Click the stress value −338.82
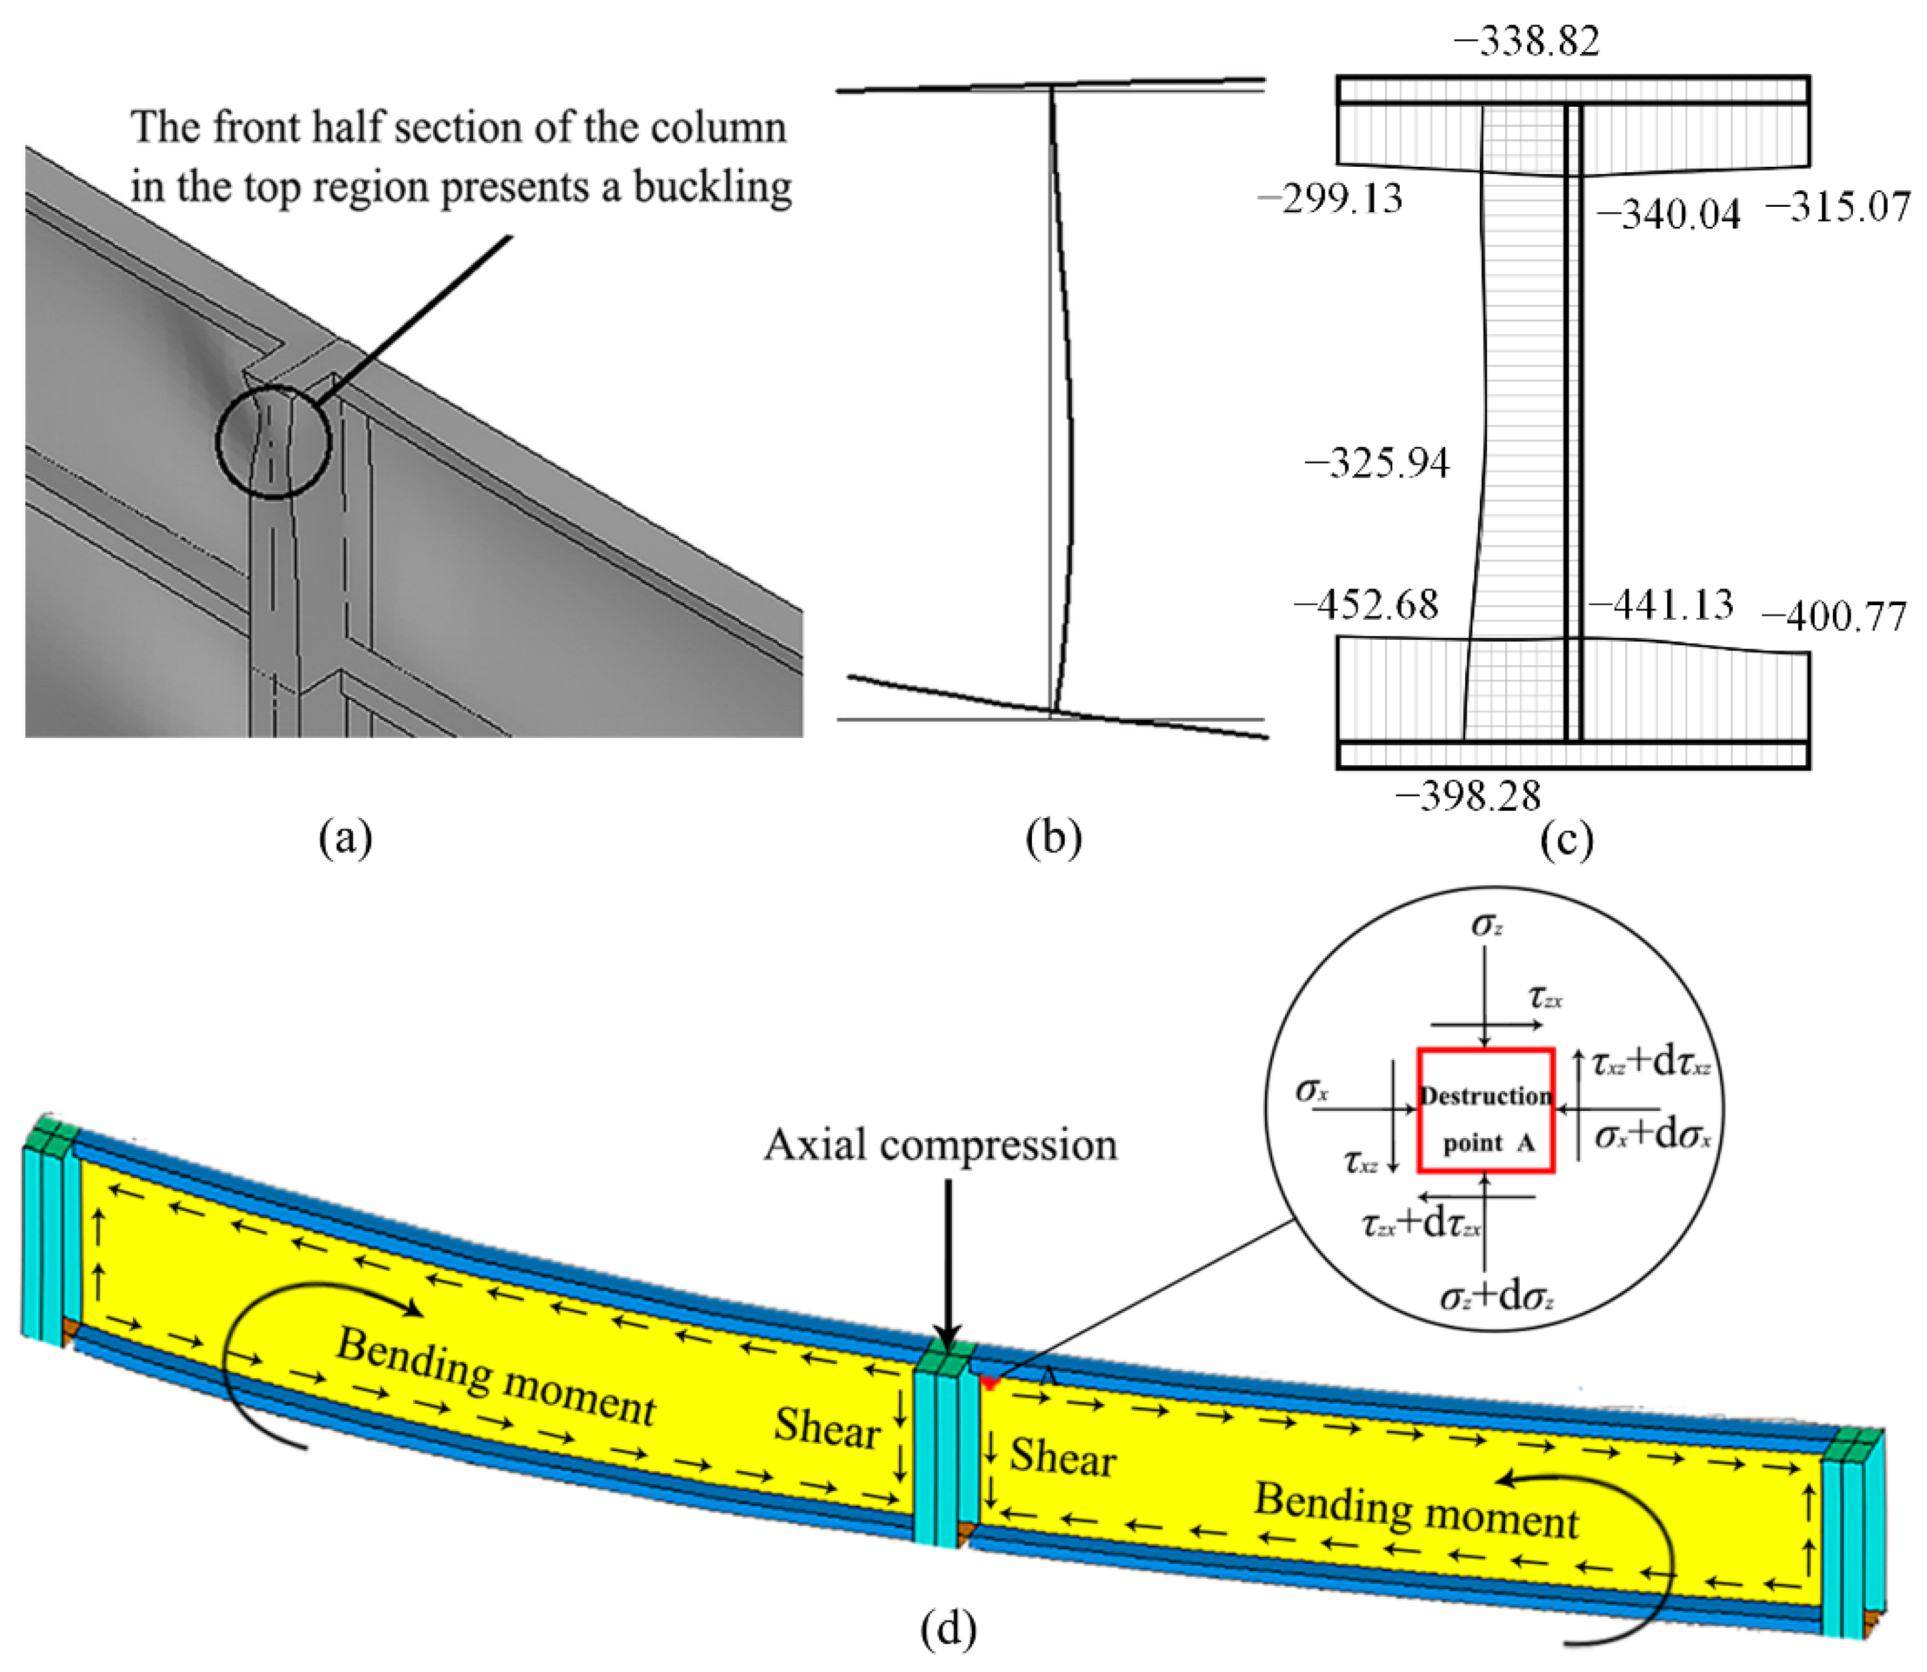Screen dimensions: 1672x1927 (x=1526, y=42)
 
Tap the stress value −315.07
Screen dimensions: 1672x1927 (x=1836, y=206)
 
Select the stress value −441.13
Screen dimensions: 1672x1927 (x=1661, y=604)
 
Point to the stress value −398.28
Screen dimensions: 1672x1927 (x=1468, y=796)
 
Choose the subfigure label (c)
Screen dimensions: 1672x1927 (x=1568, y=839)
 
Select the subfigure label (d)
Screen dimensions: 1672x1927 (x=948, y=1629)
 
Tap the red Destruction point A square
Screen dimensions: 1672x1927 (x=1486, y=1110)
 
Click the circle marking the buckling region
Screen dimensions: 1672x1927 (x=274, y=440)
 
